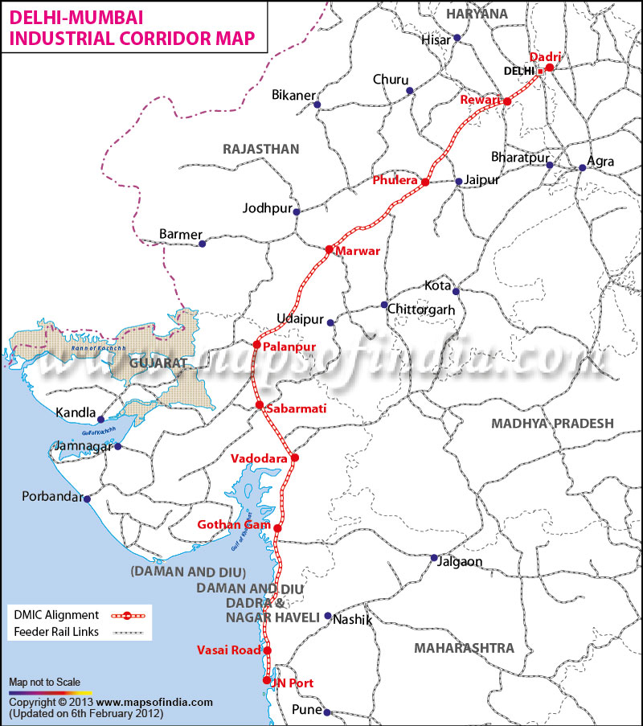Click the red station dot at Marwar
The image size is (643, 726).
pos(329,249)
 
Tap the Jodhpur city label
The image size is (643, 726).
pos(267,208)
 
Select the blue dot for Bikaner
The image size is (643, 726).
pos(317,105)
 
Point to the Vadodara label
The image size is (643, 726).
pos(259,458)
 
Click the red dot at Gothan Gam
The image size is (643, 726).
pos(277,528)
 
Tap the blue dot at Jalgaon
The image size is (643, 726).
pos(434,557)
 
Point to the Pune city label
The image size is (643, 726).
pos(306,709)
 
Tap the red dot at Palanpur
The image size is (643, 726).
pos(256,345)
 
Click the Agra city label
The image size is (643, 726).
pos(600,162)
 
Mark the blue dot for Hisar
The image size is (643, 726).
pos(457,38)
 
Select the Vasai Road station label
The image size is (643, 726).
pos(229,650)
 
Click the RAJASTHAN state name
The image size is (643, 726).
pos(261,149)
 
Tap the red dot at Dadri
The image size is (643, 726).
pos(550,68)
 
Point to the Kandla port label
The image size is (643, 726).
pos(76,413)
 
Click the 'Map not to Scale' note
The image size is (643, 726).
pos(44,682)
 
